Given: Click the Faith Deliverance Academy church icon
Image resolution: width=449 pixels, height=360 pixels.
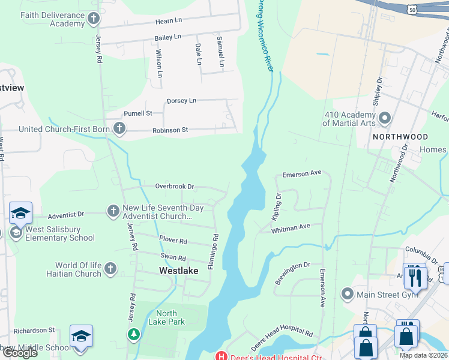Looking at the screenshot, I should [93, 19].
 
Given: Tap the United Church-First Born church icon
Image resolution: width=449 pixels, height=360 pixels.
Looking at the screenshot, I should [120, 128].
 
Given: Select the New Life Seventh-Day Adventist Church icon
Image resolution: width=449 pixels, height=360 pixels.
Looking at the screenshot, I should [113, 211].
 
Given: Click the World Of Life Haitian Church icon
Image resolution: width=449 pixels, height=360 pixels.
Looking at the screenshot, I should [110, 268].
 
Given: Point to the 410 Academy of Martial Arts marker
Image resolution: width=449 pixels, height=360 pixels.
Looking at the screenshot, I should [385, 118].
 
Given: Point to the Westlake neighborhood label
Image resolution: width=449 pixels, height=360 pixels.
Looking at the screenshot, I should [178, 271].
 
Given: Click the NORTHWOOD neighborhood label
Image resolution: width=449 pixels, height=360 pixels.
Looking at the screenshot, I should [400, 137].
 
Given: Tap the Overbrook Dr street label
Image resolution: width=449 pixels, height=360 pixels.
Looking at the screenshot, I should [175, 187].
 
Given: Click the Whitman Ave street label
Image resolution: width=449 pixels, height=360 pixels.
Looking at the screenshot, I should [291, 228].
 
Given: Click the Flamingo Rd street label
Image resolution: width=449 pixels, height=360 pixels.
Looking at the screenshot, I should [212, 251].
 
